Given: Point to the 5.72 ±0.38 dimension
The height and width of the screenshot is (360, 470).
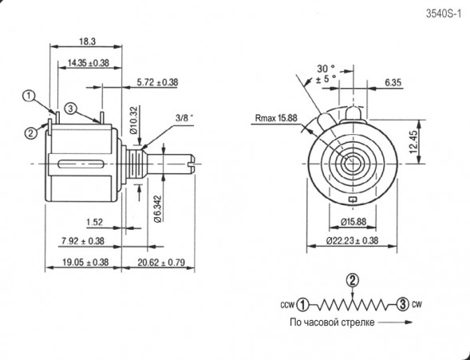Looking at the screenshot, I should point(157,81).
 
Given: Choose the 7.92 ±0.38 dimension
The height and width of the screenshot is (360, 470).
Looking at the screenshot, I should point(81,240).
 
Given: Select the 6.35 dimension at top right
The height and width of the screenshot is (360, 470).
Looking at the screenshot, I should point(392,81).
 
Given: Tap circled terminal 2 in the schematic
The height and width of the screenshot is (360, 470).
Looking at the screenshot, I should point(351,279).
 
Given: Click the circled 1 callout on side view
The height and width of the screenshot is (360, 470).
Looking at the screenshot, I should point(30,96).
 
